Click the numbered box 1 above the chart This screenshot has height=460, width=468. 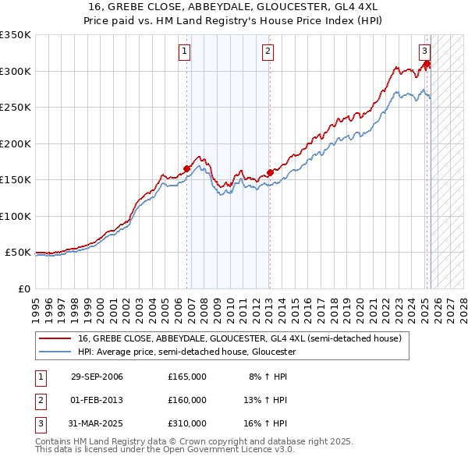point(185,52)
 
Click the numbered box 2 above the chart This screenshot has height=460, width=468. point(268,52)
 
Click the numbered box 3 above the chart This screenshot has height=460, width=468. point(425,52)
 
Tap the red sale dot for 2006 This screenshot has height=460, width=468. point(187,168)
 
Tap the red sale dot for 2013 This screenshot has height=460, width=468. point(270,172)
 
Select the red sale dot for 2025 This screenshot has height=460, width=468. point(427,64)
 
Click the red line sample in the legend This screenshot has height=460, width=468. point(54,339)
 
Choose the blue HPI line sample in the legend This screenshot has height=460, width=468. point(54,352)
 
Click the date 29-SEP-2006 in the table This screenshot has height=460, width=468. point(97,377)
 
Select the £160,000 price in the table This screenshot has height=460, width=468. point(187,400)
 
